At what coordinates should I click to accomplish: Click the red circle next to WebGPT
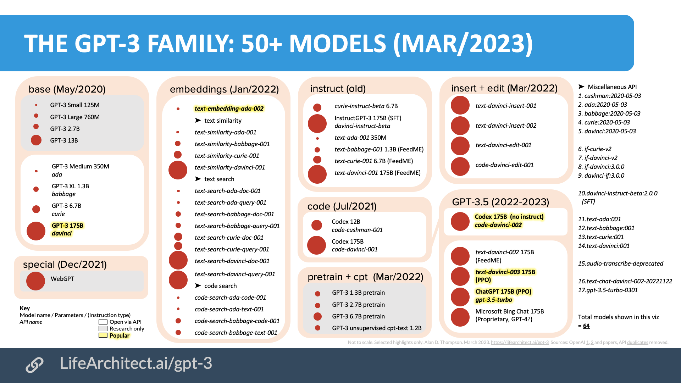[x=35, y=281]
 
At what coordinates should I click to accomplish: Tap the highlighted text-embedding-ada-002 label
[x=229, y=109]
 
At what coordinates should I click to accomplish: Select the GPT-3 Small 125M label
[x=74, y=105]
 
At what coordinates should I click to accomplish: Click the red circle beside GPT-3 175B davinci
[x=36, y=231]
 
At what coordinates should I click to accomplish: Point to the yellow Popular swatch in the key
[x=103, y=335]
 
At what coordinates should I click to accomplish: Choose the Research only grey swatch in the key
[x=103, y=328]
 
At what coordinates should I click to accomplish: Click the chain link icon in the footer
[x=34, y=365]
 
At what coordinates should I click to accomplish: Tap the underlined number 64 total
[x=586, y=326]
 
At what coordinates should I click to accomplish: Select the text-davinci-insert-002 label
[x=506, y=126]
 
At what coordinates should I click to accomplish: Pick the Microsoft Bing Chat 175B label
[x=509, y=311]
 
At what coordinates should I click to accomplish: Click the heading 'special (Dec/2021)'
[x=65, y=265]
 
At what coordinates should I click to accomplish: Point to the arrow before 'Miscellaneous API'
[x=581, y=87]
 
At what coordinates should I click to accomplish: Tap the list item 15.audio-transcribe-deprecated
[x=620, y=263]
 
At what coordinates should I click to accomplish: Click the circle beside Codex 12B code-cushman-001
[x=316, y=225]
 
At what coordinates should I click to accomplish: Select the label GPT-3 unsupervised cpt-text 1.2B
[x=377, y=328]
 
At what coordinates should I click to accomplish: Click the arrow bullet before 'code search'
[x=198, y=285]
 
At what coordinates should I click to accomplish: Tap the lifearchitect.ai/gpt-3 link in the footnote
[x=520, y=343]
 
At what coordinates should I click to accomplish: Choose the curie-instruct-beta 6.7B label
[x=366, y=106]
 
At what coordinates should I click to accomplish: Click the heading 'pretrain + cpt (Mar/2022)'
[x=365, y=277]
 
